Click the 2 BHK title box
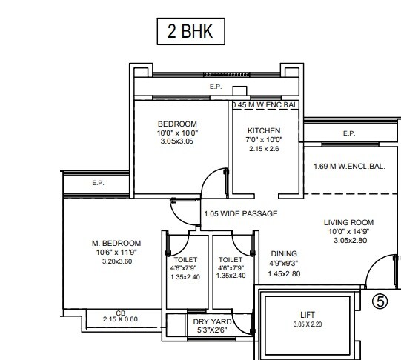pyautogui.click(x=188, y=33)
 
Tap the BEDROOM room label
pyautogui.click(x=177, y=123)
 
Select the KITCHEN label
pyautogui.click(x=263, y=131)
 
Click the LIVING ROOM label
pyautogui.click(x=348, y=222)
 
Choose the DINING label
pyautogui.click(x=284, y=253)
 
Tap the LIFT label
pyautogui.click(x=306, y=314)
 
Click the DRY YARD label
pyautogui.click(x=212, y=322)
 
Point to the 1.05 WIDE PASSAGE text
pyautogui.click(x=241, y=214)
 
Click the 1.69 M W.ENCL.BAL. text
pyautogui.click(x=349, y=167)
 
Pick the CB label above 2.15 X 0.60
pyautogui.click(x=121, y=313)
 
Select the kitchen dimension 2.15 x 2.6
pyautogui.click(x=263, y=149)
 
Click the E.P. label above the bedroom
pyautogui.click(x=215, y=87)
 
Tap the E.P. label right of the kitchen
pyautogui.click(x=348, y=133)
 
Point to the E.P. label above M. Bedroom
pyautogui.click(x=98, y=182)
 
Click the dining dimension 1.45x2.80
pyautogui.click(x=284, y=274)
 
